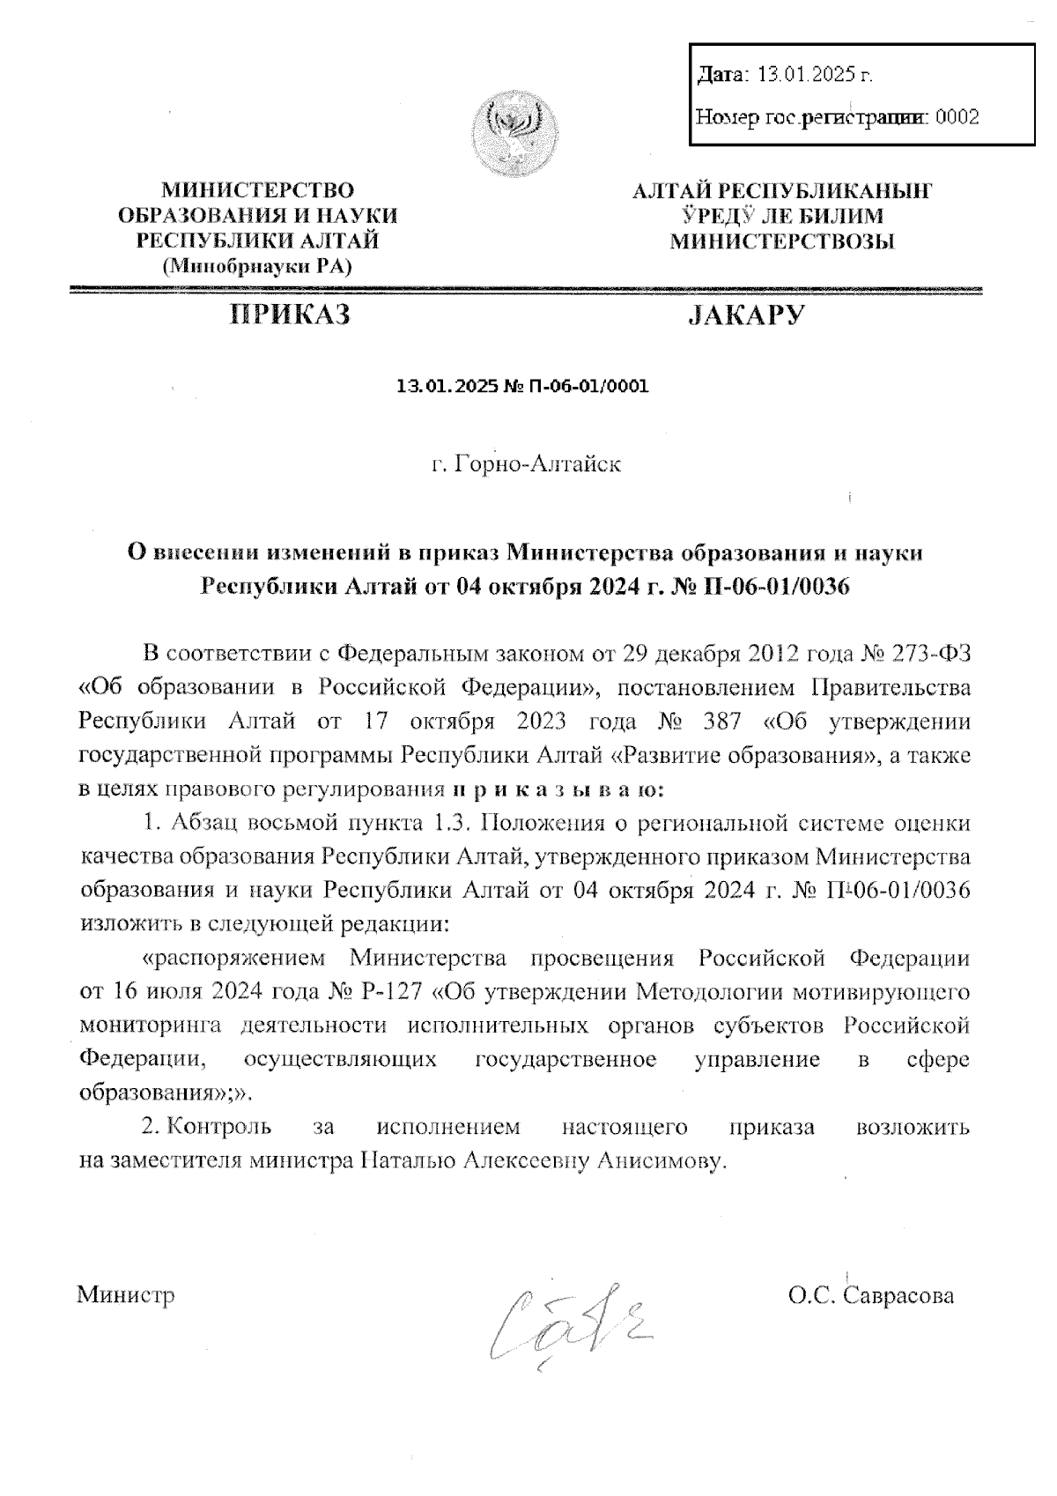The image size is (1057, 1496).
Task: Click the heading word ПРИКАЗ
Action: (290, 315)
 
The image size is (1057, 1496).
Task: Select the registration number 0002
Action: (957, 115)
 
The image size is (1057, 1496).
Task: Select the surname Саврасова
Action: (898, 1295)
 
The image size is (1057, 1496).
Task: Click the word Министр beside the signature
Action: (126, 1295)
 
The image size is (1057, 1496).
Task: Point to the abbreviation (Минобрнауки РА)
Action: (258, 265)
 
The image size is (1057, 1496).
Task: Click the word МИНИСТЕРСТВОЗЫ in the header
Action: (782, 241)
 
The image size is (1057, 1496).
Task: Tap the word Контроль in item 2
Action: (218, 1126)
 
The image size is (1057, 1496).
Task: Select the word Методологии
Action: (710, 992)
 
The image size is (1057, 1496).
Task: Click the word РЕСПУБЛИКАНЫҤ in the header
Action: (826, 191)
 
